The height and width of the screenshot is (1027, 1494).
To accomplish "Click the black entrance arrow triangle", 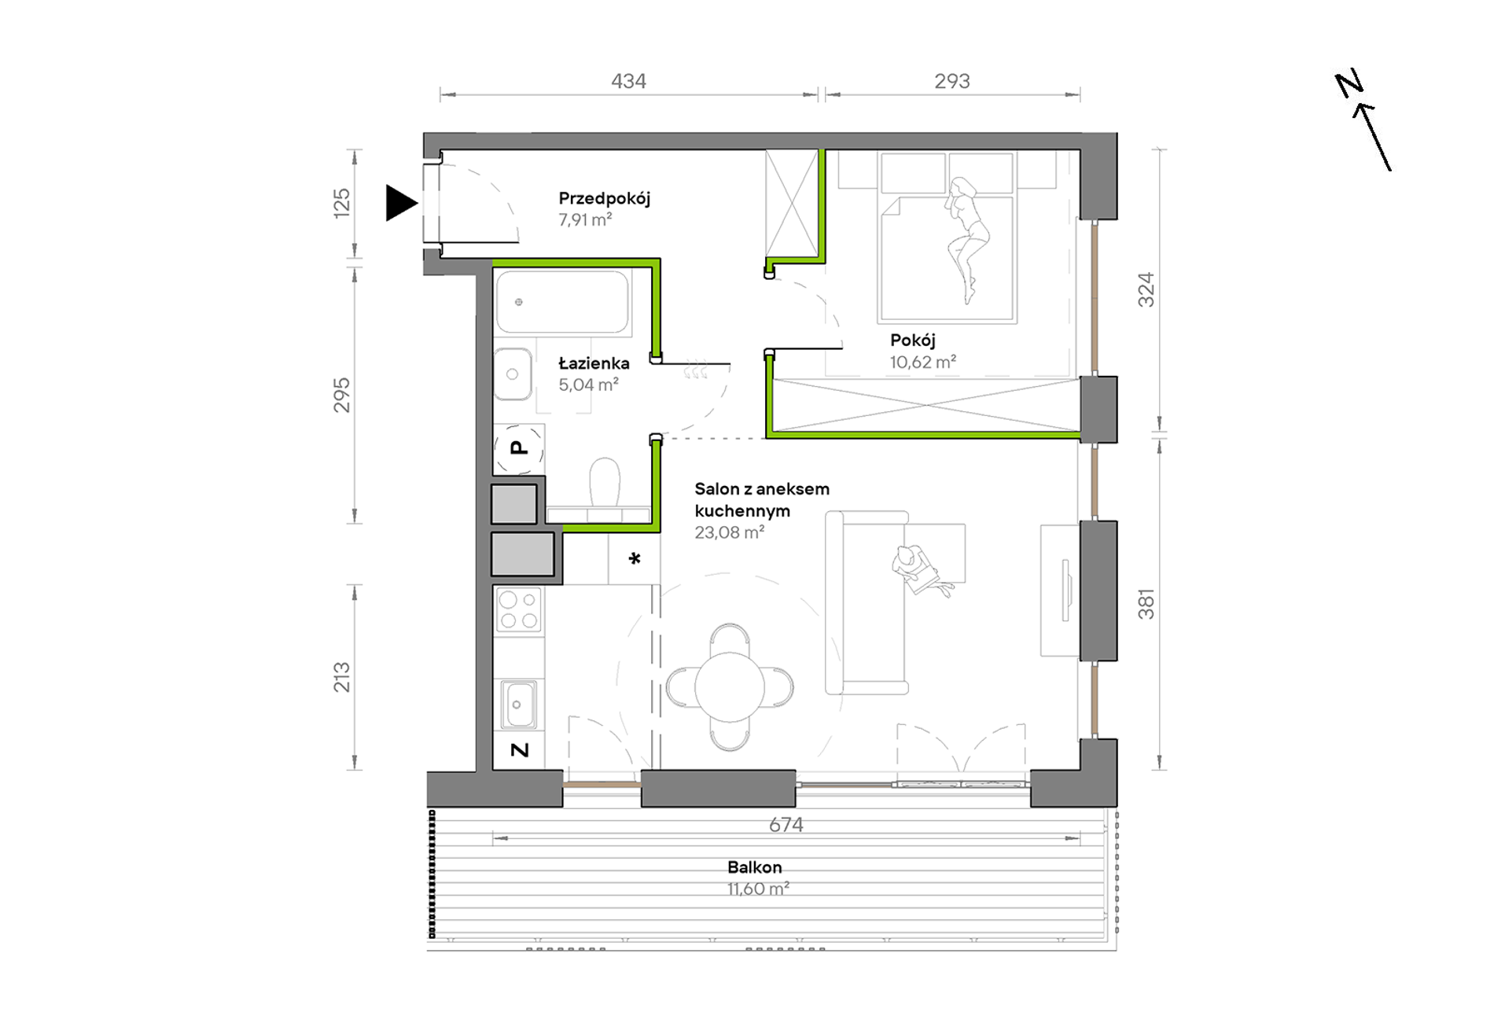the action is [399, 203].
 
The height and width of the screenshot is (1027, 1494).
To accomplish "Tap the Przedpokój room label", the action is [604, 199].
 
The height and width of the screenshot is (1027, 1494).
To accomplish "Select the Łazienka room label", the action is [594, 363].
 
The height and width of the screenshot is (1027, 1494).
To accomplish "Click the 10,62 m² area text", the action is [923, 362].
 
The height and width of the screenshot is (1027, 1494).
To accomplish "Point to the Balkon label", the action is [754, 867].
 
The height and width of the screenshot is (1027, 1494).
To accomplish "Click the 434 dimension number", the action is [628, 81].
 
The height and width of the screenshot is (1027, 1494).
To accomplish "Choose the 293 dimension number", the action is [952, 81].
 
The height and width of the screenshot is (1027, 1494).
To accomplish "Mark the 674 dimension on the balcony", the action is [786, 825].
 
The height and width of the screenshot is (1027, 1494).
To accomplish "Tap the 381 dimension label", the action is [1146, 604].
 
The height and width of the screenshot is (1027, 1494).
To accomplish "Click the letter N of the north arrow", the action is [1349, 83].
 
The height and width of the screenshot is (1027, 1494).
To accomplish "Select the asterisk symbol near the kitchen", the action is [635, 559].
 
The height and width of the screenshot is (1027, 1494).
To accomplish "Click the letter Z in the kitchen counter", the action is [520, 750].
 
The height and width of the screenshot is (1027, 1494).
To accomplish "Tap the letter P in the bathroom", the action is [518, 448].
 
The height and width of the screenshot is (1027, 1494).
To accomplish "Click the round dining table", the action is [730, 687].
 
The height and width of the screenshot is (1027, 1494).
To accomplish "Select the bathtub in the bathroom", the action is [562, 302].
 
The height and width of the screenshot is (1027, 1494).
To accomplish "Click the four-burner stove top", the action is [519, 609].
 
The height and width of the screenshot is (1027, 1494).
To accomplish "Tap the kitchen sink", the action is [519, 705].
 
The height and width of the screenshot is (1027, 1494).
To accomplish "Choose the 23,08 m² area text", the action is [729, 532].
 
